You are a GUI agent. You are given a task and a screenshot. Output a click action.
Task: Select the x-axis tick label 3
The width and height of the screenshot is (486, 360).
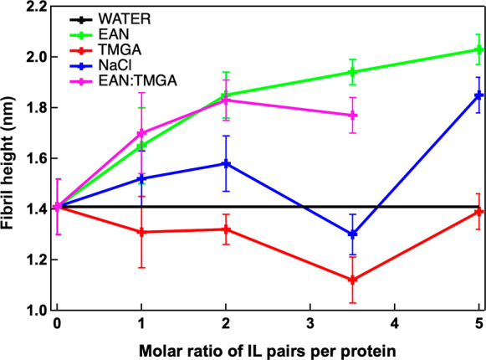pos(309,324)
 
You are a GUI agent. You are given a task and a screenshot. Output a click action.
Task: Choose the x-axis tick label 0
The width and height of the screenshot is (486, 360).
pos(57,324)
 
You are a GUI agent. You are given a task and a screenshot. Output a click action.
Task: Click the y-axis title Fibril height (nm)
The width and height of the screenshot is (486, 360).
pos(11,158)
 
